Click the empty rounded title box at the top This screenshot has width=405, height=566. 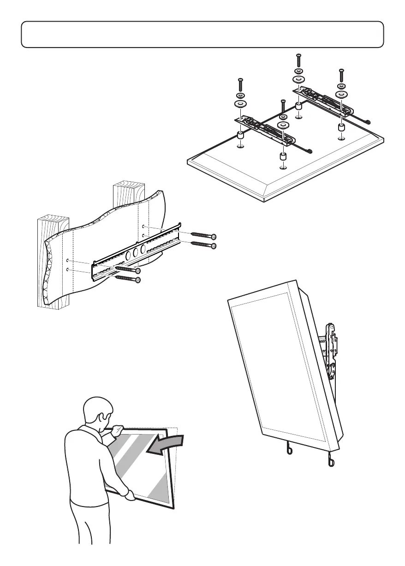pyautogui.click(x=202, y=34)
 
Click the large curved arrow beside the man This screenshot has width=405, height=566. pyautogui.click(x=166, y=445)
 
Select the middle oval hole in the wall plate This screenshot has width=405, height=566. pyautogui.click(x=134, y=252)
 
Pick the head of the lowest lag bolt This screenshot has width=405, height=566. pyautogui.click(x=137, y=280)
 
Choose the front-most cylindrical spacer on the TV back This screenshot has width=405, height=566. pyautogui.click(x=283, y=156)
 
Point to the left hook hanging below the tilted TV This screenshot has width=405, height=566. pyautogui.click(x=287, y=448)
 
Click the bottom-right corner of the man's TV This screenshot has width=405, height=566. pyautogui.click(x=173, y=508)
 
